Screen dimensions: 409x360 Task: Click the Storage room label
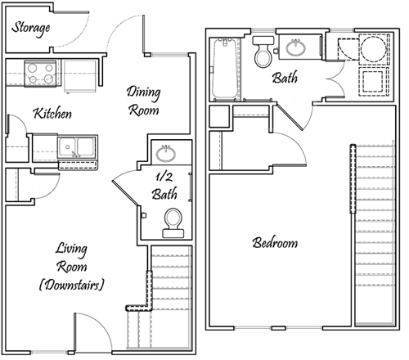[31, 29]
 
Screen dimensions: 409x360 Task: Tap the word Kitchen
[52, 113]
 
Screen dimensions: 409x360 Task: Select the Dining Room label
[143, 101]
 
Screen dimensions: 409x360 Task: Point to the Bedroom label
[275, 243]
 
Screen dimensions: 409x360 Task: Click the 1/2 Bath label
[164, 187]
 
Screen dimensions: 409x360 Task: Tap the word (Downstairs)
[71, 285]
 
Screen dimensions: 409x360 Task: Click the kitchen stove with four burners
[40, 74]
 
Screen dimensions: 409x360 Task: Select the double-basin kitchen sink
[78, 147]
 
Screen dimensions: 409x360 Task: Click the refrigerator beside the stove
[80, 76]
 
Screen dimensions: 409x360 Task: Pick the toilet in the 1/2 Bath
[173, 223]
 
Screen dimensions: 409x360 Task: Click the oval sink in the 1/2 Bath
[166, 154]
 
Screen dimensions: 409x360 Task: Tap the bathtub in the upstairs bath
[225, 69]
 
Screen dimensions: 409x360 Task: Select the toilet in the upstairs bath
[263, 52]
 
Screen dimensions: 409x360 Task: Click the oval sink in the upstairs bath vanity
[296, 47]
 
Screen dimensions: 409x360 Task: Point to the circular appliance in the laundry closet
[374, 49]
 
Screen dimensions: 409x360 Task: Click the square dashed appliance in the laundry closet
[374, 82]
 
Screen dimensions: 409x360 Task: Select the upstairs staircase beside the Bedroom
[375, 235]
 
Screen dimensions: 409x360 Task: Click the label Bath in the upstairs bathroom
[285, 78]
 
